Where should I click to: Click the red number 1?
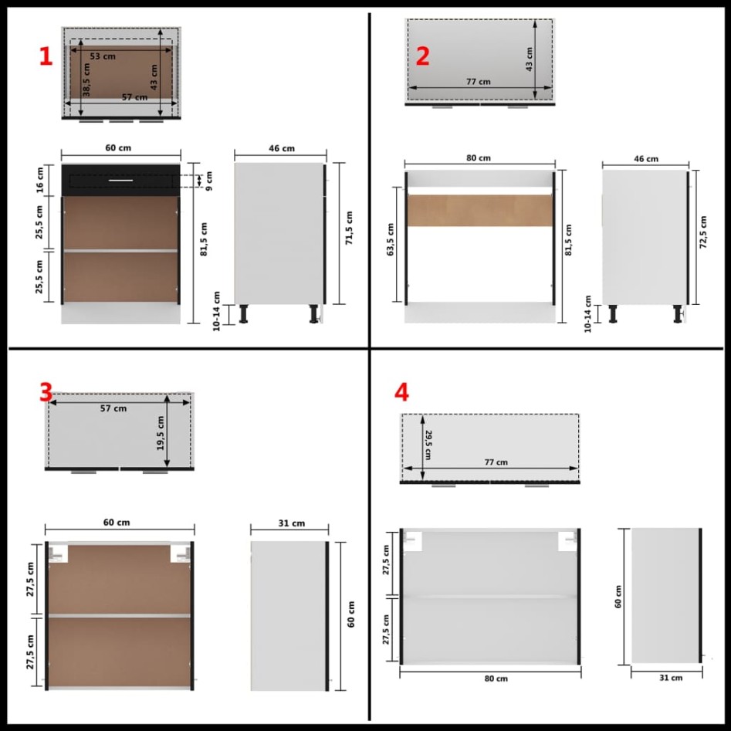point(46,56)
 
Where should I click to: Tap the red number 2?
point(422,56)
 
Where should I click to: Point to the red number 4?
point(401,392)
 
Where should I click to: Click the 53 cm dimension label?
point(99,56)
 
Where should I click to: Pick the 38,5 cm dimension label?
point(87,80)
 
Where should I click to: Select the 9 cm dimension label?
point(208,180)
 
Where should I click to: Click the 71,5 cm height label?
point(349,228)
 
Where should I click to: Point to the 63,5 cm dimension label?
point(391,240)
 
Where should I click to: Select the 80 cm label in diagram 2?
point(479,157)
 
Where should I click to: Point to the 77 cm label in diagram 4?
point(496,462)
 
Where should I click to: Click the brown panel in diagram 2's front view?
point(479,210)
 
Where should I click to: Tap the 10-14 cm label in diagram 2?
point(588,313)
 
